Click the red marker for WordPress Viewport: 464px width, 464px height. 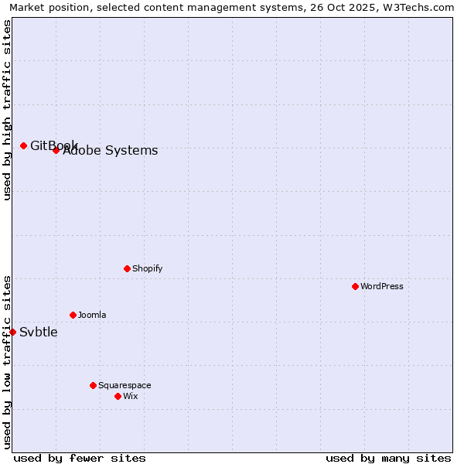pos(355,286)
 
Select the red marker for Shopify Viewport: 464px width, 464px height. pos(127,268)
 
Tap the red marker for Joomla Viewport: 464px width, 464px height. pos(73,315)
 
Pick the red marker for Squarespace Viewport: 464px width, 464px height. pos(93,385)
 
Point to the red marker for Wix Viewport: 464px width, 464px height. pos(118,396)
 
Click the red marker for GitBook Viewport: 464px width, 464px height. pos(23,145)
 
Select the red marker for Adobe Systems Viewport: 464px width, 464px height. pos(56,150)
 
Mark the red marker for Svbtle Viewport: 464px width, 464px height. pos(12,332)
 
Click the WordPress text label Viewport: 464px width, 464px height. pos(382,286)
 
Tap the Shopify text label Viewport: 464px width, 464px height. pos(148,268)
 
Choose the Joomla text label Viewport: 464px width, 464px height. pos(92,315)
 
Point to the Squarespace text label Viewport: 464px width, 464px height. pos(125,385)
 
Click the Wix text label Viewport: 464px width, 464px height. pos(131,396)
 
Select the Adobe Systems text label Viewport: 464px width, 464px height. pos(111,151)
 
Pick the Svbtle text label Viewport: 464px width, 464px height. pos(39,333)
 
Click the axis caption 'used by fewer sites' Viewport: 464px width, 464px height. pos(80,458)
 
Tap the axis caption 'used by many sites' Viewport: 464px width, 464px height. pos(388,458)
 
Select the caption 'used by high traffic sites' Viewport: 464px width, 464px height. pos(7,110)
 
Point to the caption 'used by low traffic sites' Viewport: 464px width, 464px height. pos(7,361)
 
